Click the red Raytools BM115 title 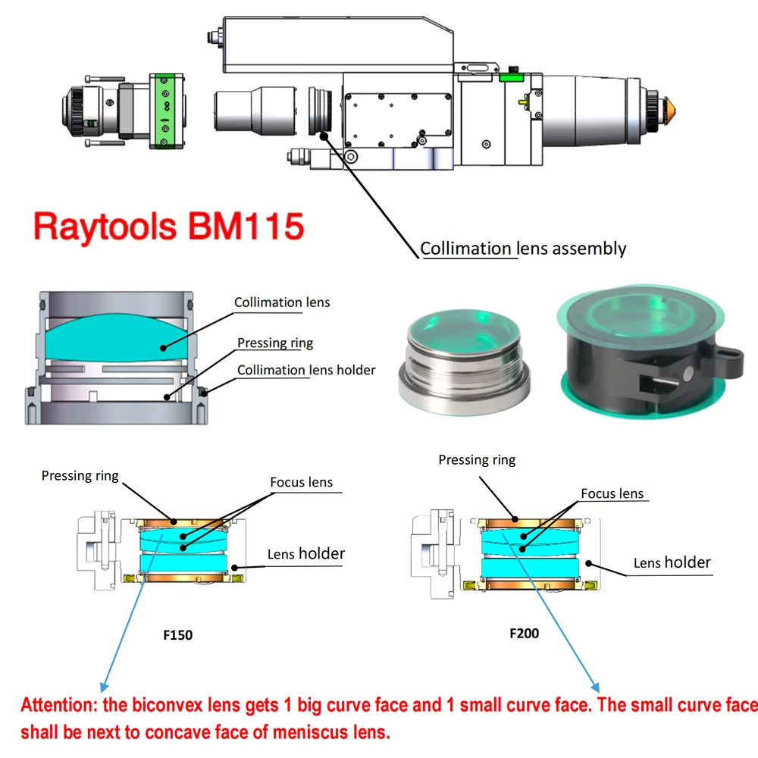(168, 226)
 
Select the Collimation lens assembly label (523, 249)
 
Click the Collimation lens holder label (306, 370)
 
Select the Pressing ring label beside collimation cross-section (275, 343)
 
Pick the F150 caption (178, 635)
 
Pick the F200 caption (524, 632)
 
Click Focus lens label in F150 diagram (301, 482)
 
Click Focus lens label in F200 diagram (612, 493)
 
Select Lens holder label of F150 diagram (305, 554)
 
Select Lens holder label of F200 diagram (672, 562)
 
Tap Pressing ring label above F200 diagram (477, 460)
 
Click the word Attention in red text (60, 706)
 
